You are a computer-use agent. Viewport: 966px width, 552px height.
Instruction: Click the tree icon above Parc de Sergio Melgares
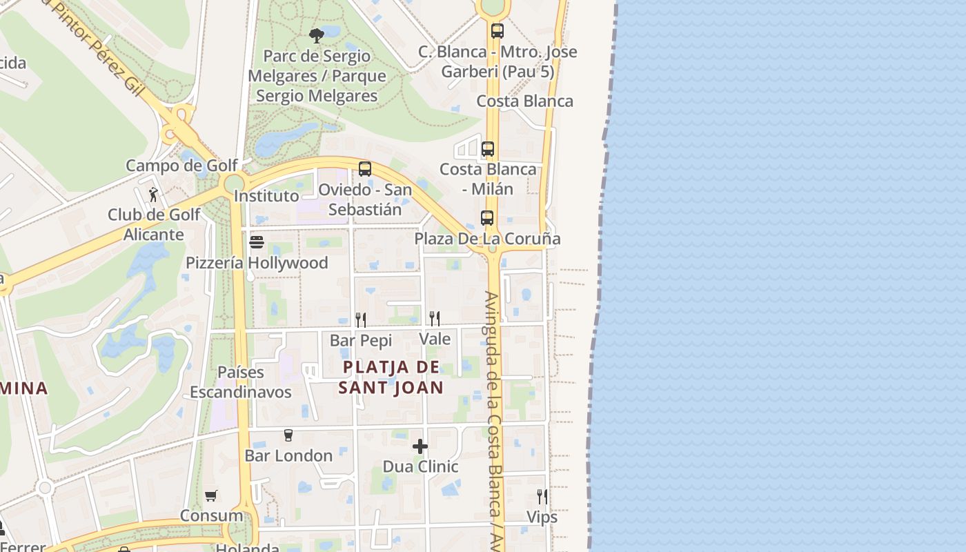317,35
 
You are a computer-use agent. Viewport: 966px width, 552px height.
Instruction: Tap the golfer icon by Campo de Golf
153,195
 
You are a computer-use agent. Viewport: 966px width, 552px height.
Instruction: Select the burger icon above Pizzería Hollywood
257,242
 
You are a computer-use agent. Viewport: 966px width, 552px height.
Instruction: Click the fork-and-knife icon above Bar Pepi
360,319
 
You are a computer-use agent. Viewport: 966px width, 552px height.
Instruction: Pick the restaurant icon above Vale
435,317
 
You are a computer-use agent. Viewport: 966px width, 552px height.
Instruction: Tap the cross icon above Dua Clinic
420,446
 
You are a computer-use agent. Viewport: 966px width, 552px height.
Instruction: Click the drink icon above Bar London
288,435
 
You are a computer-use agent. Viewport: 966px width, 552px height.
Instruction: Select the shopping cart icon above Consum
211,495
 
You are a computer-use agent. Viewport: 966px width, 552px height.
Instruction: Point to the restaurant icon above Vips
542,496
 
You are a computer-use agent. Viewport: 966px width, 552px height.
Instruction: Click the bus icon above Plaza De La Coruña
487,218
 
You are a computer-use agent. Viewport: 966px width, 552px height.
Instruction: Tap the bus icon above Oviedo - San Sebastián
365,168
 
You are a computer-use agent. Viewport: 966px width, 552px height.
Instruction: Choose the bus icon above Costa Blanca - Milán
488,148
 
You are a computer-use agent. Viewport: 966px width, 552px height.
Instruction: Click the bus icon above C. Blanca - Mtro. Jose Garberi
497,30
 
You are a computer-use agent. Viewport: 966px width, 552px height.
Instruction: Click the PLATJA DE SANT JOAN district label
391,377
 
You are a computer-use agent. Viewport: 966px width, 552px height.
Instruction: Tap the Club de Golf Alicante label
154,224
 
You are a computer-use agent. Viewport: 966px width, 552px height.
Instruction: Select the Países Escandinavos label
241,382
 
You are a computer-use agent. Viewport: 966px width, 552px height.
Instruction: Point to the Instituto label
266,196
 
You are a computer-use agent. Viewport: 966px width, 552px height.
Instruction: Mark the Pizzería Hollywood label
257,263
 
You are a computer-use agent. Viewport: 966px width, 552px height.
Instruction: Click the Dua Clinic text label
420,466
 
